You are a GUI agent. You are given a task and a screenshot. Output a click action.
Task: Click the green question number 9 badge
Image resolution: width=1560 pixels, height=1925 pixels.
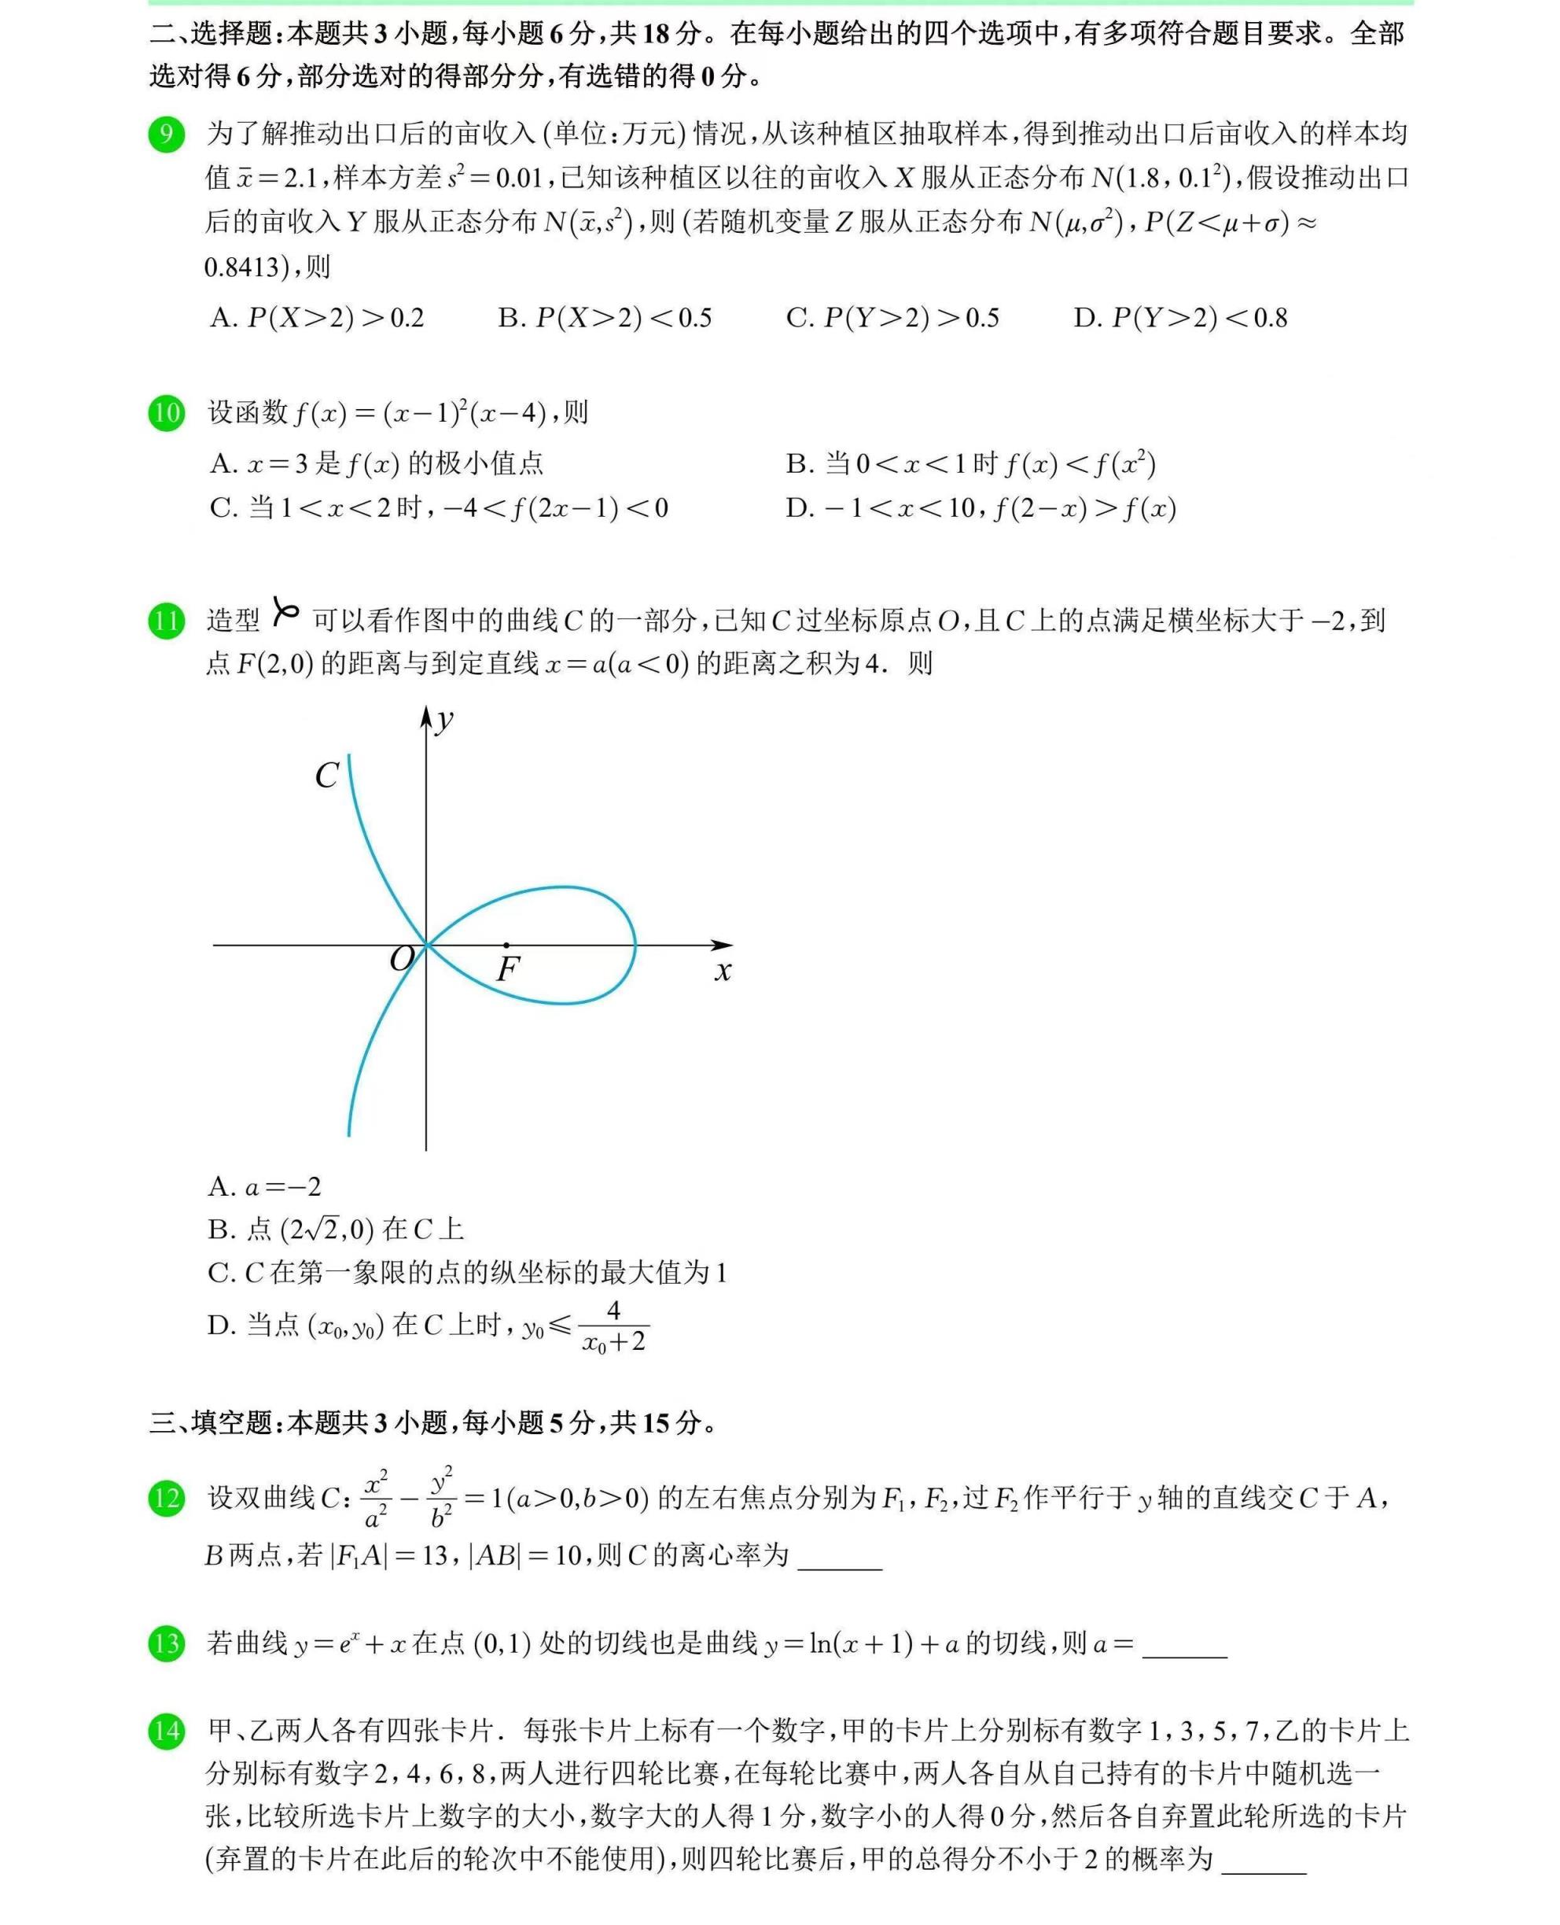(166, 135)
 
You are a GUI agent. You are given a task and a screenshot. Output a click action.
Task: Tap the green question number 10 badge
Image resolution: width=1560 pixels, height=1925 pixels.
(166, 414)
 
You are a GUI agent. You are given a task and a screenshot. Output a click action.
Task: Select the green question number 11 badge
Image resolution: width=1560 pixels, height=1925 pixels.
(166, 621)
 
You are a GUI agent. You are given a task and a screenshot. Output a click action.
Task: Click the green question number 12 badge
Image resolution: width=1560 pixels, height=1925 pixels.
(166, 1498)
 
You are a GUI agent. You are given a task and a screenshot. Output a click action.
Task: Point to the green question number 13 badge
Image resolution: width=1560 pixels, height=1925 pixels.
(166, 1643)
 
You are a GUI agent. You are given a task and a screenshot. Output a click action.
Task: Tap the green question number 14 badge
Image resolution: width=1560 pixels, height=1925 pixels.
(166, 1731)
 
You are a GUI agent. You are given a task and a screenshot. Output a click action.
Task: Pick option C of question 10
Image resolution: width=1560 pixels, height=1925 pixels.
(439, 509)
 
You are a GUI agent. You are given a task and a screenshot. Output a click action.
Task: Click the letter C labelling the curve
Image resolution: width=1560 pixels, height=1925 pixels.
(326, 775)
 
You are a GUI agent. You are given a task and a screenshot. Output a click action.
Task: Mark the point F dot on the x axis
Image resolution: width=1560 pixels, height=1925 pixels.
(507, 945)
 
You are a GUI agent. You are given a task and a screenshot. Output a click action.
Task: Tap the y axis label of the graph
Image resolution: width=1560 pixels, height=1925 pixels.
(444, 720)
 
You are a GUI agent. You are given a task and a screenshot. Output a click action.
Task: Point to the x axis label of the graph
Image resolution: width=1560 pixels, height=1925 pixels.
(723, 971)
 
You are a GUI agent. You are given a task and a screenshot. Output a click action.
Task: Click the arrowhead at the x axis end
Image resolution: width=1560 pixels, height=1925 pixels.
(723, 945)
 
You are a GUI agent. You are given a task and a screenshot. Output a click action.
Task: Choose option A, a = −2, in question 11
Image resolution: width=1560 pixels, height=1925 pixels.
(264, 1187)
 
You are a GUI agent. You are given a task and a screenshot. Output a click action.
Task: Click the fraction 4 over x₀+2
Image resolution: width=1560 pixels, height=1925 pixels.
(614, 1326)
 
